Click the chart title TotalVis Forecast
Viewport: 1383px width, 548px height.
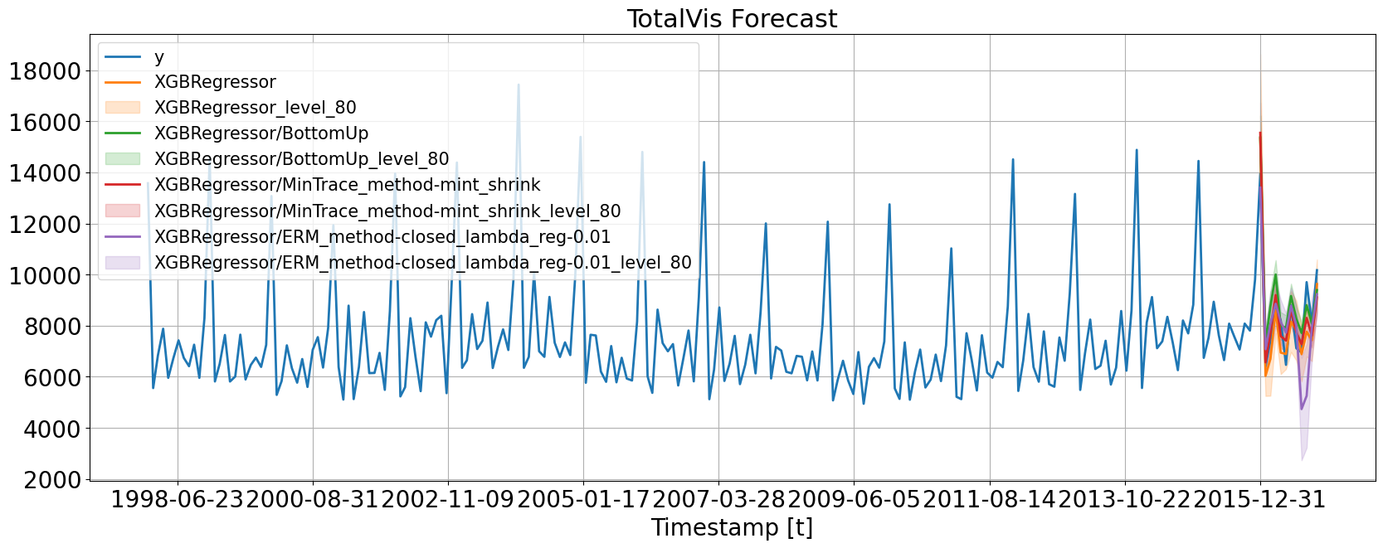(732, 18)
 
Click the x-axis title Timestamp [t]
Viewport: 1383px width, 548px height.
(732, 527)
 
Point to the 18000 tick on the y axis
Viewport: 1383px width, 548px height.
(45, 71)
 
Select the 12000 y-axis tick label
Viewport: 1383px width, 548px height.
(45, 225)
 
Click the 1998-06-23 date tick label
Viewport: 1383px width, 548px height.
(177, 499)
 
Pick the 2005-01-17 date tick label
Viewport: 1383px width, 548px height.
(582, 499)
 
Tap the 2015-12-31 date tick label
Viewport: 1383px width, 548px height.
(1259, 499)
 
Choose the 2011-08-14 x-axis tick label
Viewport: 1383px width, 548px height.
(989, 499)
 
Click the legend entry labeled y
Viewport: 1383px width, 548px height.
(159, 56)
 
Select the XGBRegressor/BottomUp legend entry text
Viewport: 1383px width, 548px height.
(261, 133)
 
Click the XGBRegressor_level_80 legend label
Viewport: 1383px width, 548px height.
(256, 108)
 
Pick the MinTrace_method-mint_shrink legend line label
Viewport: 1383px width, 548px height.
(348, 185)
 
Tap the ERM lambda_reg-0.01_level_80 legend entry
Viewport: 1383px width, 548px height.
(423, 263)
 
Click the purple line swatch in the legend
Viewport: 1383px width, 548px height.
(123, 237)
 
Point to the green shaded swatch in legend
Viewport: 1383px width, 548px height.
(123, 159)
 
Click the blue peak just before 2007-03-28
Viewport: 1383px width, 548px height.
(704, 162)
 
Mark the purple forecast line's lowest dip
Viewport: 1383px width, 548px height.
(1301, 409)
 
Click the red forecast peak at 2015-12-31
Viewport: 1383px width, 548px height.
(1259, 133)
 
